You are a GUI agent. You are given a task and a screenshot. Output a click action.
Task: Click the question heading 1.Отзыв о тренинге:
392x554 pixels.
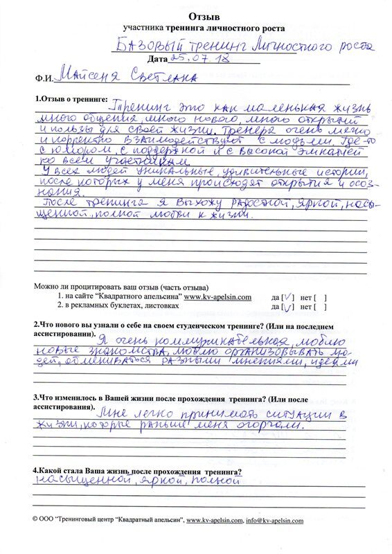72,100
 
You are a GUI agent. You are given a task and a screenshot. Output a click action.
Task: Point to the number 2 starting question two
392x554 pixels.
37,325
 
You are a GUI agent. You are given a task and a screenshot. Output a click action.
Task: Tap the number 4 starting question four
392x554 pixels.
37,470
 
